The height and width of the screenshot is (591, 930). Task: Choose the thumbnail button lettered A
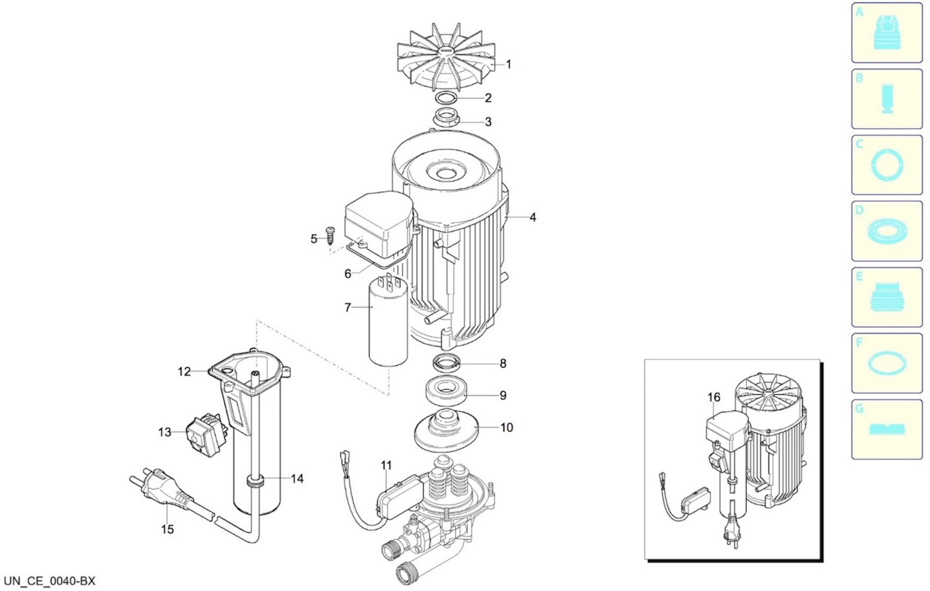click(x=887, y=33)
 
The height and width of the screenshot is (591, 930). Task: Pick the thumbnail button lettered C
click(x=887, y=165)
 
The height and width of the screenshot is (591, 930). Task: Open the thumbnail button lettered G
click(x=887, y=429)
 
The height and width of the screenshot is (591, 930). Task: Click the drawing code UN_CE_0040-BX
click(x=49, y=581)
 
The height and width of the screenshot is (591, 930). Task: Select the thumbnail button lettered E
click(x=887, y=297)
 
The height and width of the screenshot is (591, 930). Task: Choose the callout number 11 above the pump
click(x=386, y=465)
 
